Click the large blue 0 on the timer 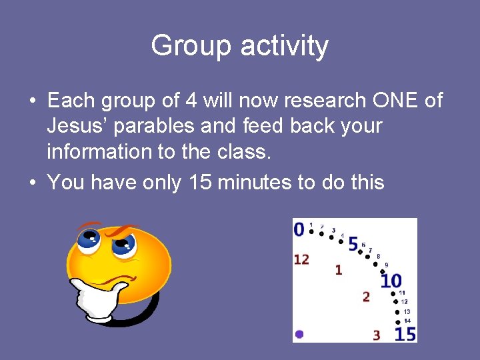[299, 230]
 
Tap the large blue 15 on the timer [405, 333]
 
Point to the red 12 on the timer [301, 259]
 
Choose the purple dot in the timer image [299, 334]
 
